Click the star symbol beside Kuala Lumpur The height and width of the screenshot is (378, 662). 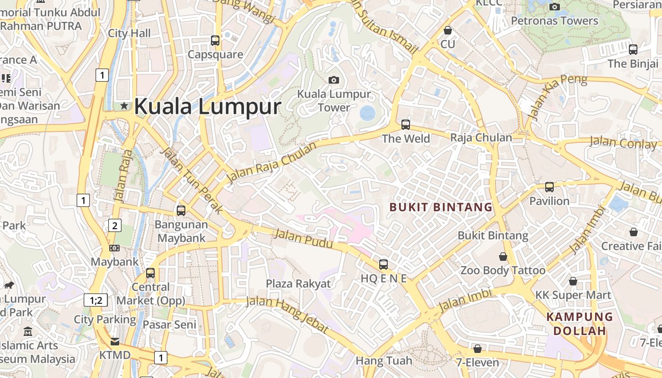point(124,106)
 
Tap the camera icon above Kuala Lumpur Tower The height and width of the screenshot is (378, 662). point(334,80)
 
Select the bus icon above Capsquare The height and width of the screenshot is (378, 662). point(215,41)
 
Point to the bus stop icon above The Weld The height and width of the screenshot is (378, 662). point(406,125)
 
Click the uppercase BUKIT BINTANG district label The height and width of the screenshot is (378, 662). point(441,207)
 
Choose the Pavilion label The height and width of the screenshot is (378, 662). point(549,201)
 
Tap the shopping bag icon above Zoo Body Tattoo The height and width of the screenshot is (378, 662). point(503,257)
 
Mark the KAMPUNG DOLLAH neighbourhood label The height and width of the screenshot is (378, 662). point(580,324)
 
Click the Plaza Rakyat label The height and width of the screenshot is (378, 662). point(298,283)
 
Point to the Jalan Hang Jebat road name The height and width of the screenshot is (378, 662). point(287,314)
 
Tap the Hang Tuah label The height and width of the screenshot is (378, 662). point(384,361)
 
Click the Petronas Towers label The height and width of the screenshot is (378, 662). point(555,21)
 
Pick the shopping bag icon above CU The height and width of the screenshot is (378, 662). point(447,31)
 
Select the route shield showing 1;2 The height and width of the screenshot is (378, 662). point(96,300)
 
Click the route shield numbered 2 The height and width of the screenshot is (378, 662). point(114,225)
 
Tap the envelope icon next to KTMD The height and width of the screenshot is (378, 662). point(115,342)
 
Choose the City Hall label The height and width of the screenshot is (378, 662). point(129,33)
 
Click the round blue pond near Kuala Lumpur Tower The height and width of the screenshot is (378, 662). point(367,113)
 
